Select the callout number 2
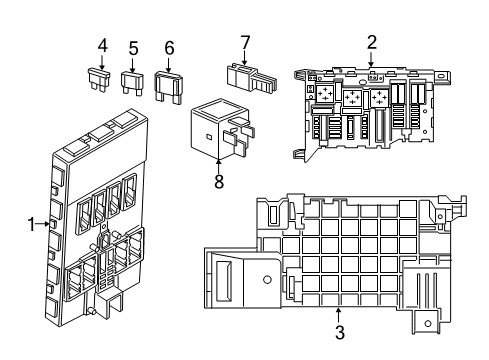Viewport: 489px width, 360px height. (371, 42)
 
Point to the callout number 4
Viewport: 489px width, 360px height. (102, 45)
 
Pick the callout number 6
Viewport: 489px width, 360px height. (169, 47)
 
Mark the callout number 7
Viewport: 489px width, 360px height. (245, 41)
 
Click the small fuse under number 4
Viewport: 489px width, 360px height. (102, 80)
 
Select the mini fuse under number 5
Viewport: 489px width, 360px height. (132, 81)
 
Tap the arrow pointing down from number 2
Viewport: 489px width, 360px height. (371, 60)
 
